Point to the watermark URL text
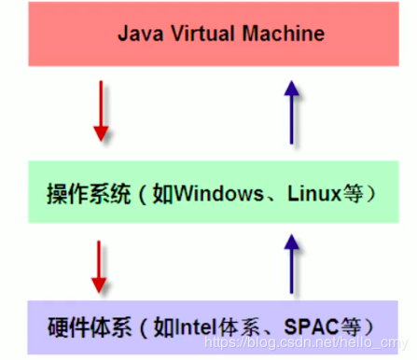(x=317, y=343)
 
